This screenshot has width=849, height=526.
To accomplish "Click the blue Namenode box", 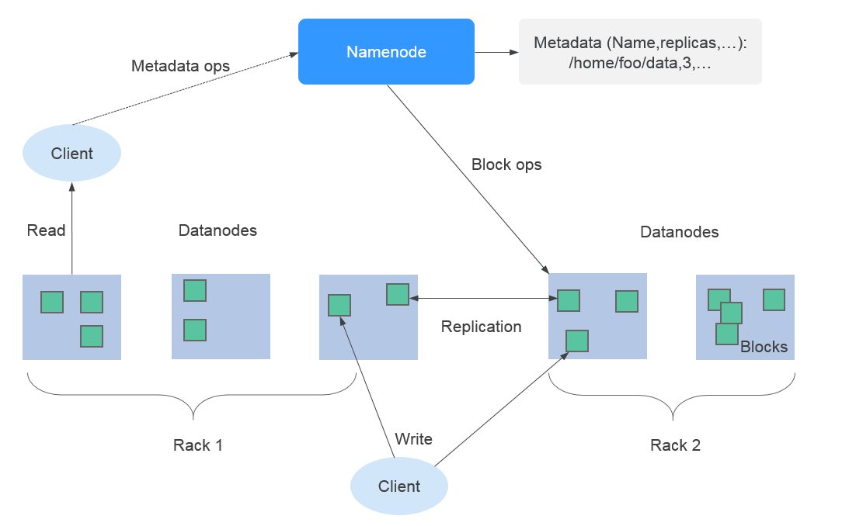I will click(x=386, y=52).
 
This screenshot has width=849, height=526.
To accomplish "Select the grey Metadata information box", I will click(x=640, y=52).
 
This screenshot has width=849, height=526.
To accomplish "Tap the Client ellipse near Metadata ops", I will click(x=71, y=153).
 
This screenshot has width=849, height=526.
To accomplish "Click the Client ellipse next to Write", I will click(x=399, y=486).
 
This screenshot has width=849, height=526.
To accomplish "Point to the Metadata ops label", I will click(x=180, y=66).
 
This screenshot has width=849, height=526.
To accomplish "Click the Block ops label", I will click(x=506, y=164).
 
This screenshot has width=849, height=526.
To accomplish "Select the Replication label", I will click(x=481, y=327).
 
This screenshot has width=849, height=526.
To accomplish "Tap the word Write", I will click(x=413, y=439).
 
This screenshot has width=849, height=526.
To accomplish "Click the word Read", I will click(x=46, y=230).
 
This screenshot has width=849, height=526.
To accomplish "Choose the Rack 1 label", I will click(x=197, y=445).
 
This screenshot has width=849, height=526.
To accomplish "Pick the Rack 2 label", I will click(x=675, y=445).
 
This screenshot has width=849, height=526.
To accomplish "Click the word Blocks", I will click(x=764, y=347).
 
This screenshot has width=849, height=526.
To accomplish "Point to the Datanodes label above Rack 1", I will click(x=217, y=230).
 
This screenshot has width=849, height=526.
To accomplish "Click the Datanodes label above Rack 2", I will click(x=679, y=232).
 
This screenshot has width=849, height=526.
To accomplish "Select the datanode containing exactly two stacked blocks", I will click(x=221, y=316).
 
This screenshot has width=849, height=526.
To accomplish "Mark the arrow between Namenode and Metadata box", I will click(x=496, y=53).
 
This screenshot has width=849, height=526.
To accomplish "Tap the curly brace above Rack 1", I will click(x=192, y=396).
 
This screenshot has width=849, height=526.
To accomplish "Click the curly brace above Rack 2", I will click(x=672, y=396).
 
